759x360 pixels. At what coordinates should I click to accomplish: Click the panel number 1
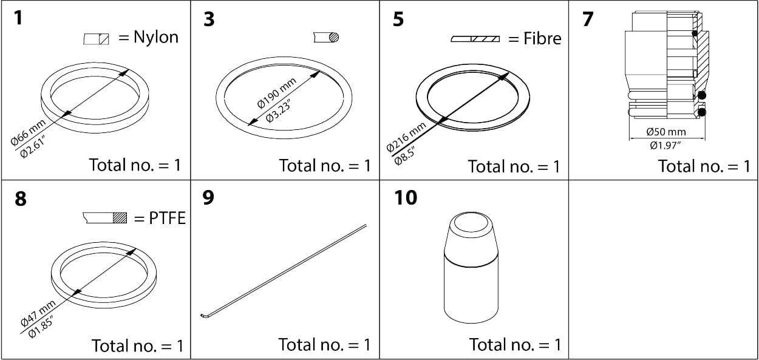coord(18,18)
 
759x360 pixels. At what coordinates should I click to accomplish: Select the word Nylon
coord(156,38)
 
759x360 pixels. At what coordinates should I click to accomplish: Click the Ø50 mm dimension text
coord(666,132)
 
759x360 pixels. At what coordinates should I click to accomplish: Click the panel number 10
coord(406,198)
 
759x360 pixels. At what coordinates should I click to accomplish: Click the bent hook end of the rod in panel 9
coord(203,316)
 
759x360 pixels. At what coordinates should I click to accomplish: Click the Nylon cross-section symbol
coord(97,39)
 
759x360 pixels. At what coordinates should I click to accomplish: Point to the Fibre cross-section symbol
coord(476,39)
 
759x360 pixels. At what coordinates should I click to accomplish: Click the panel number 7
coord(588,19)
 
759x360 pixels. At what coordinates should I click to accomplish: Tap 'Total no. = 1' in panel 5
coord(514,166)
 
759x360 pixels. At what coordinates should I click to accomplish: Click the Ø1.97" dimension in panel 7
coord(666,145)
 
